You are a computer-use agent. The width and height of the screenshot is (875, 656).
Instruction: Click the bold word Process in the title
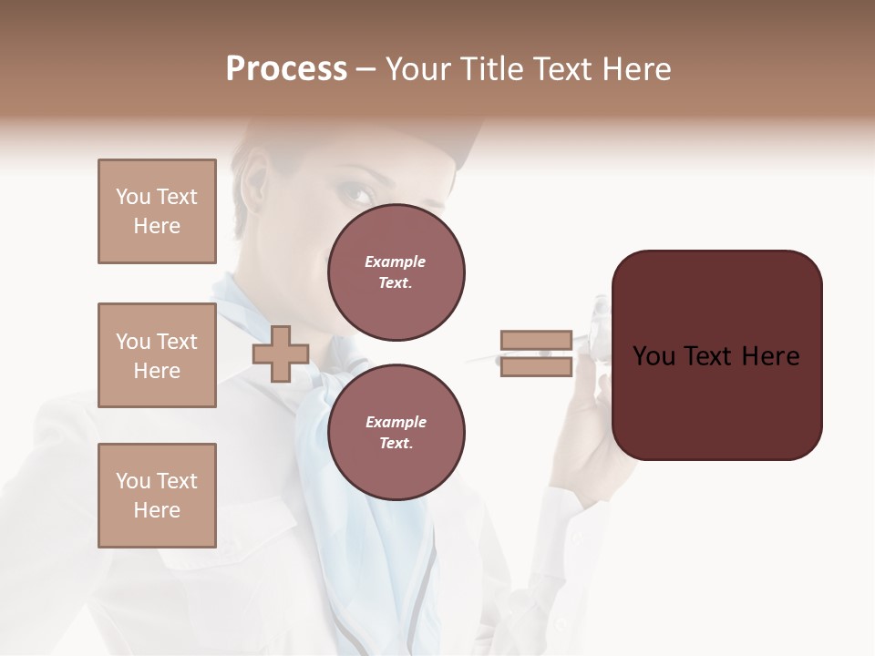click(x=286, y=69)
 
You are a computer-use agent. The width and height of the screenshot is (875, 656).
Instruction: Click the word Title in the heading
click(x=489, y=69)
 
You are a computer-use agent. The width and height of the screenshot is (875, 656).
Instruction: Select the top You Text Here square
click(x=157, y=211)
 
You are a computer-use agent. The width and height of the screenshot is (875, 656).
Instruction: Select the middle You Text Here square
click(x=157, y=355)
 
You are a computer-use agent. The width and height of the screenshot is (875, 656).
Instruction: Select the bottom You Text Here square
click(x=157, y=496)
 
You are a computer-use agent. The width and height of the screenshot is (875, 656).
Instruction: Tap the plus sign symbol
click(x=281, y=354)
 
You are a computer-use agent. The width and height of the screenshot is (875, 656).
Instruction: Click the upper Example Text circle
click(x=396, y=272)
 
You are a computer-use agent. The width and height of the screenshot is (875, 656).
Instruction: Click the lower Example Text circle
click(x=396, y=432)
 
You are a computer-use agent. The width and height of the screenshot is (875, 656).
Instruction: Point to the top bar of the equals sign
click(x=536, y=341)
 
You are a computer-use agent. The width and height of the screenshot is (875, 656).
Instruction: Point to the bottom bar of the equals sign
click(x=536, y=366)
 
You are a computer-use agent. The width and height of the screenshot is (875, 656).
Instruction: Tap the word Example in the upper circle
click(x=395, y=262)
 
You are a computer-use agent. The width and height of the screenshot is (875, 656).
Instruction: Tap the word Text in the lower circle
click(x=395, y=444)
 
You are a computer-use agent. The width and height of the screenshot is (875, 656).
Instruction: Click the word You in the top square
click(x=132, y=197)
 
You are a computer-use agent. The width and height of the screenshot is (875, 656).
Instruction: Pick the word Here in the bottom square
click(x=157, y=510)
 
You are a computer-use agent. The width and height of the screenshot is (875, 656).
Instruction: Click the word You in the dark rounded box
click(x=653, y=356)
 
